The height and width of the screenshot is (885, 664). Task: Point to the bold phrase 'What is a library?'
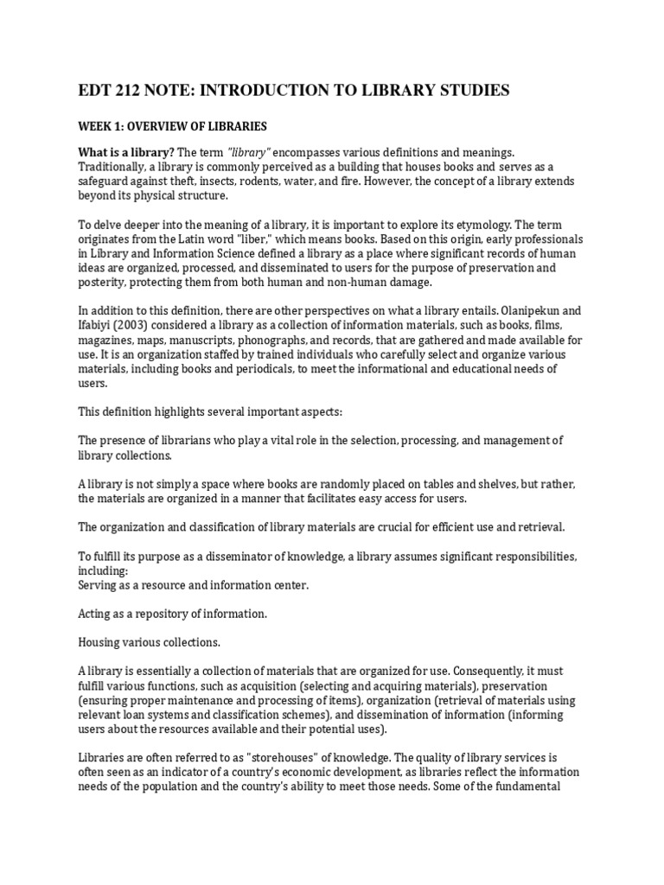(x=125, y=152)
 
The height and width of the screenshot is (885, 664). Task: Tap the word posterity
(x=105, y=283)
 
